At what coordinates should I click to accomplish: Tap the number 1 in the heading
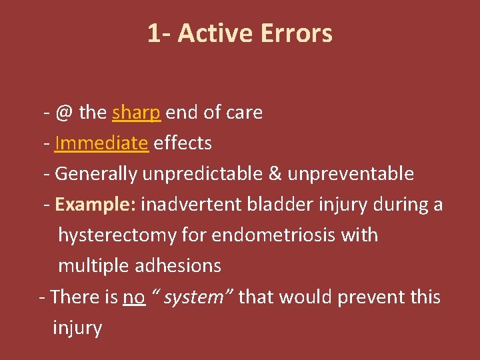click(x=154, y=33)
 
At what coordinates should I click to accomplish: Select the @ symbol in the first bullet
click(x=65, y=113)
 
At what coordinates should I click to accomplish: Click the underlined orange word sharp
click(x=137, y=113)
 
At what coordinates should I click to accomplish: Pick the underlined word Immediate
click(x=101, y=143)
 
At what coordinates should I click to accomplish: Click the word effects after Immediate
click(x=183, y=143)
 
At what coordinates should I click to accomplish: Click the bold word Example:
click(x=95, y=205)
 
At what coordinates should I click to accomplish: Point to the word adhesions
click(x=178, y=266)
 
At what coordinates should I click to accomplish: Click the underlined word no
click(x=134, y=297)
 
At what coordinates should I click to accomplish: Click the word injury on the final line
click(x=77, y=327)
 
